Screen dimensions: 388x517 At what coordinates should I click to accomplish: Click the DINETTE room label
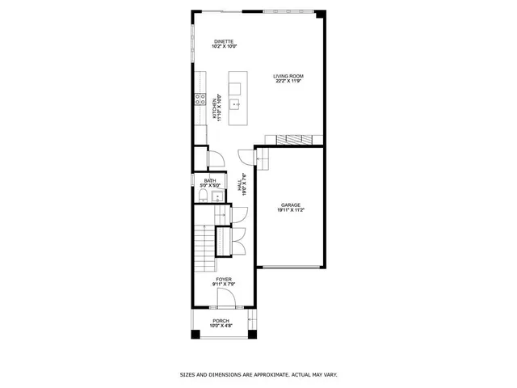[224, 41]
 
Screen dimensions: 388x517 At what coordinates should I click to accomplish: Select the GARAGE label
[291, 205]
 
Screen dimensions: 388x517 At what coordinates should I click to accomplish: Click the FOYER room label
[223, 279]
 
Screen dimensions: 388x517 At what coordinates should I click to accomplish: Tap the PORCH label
[221, 321]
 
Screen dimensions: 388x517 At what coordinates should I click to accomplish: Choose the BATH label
[210, 180]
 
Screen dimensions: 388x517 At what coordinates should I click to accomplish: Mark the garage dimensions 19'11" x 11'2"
[291, 210]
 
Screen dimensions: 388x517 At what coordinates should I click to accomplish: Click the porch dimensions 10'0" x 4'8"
[221, 326]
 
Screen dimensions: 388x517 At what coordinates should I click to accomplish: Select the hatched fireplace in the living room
[296, 139]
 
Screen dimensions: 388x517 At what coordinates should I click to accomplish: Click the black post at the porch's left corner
[195, 335]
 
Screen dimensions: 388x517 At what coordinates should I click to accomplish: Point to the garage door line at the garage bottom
[290, 268]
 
